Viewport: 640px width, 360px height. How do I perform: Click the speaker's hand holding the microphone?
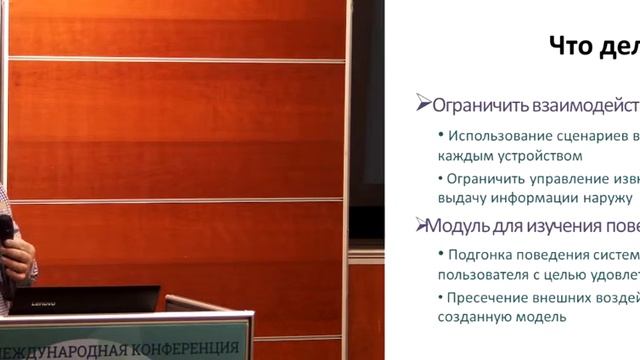tap(15, 259)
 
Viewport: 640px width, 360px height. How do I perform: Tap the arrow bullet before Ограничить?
tap(423, 103)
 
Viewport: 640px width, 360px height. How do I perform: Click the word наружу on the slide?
tap(605, 198)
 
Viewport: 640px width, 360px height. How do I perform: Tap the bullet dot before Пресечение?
tap(443, 297)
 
